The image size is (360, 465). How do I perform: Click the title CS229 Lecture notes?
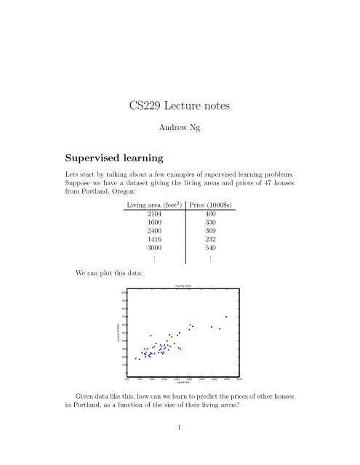coord(179,106)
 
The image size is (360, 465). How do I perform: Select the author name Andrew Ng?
coord(179,131)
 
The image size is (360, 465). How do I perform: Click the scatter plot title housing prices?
coord(183,286)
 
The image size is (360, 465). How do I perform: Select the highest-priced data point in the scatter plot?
coord(226,317)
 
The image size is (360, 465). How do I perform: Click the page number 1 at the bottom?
coord(179,448)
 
